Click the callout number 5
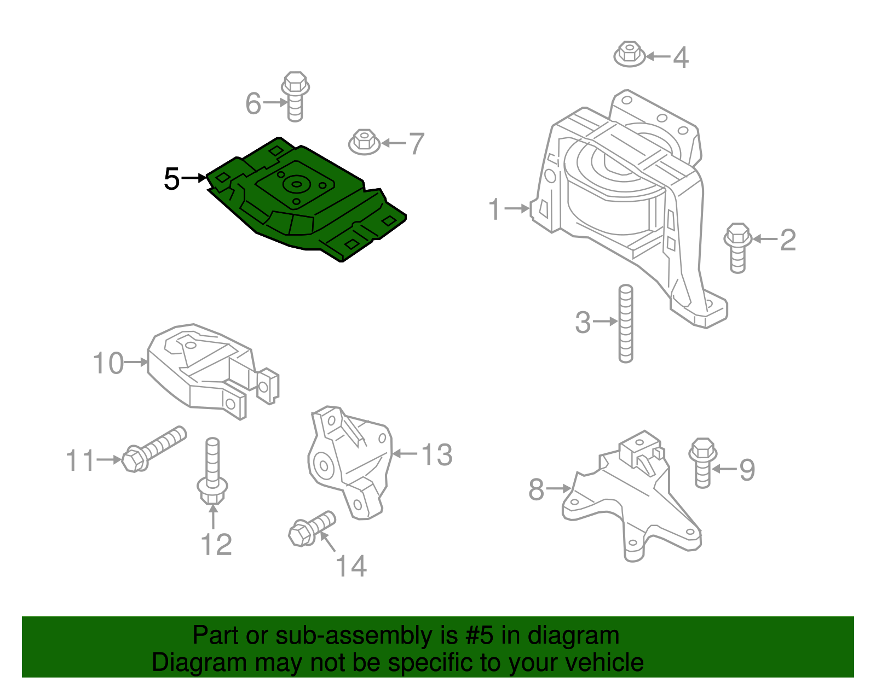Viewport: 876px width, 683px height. tap(171, 179)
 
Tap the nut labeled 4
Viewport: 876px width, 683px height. tap(630, 54)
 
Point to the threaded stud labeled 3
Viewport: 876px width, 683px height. tap(625, 324)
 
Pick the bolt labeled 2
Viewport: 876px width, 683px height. tap(737, 247)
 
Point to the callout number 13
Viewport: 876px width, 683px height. tap(437, 455)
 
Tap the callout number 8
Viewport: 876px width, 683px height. tap(536, 489)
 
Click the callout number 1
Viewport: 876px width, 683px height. tap(494, 209)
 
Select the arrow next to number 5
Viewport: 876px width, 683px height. tap(195, 178)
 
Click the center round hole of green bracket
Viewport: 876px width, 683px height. tap(296, 184)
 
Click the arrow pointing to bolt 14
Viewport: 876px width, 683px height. tap(327, 542)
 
